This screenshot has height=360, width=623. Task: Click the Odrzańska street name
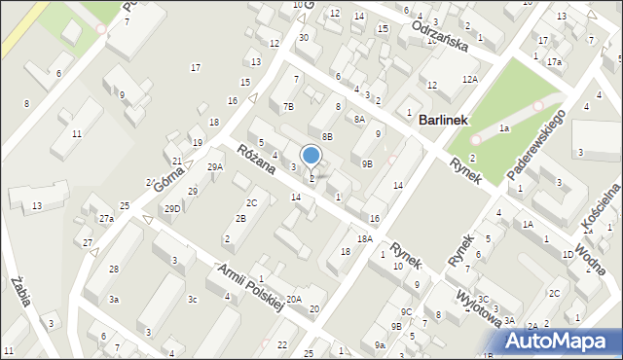pyautogui.click(x=441, y=35)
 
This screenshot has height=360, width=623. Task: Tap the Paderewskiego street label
pyautogui.click(x=536, y=146)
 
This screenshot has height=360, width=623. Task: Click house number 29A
pyautogui.click(x=215, y=166)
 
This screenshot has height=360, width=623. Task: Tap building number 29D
pyautogui.click(x=172, y=209)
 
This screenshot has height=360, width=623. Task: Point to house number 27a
pyautogui.click(x=106, y=219)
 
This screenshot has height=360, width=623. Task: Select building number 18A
pyautogui.click(x=365, y=238)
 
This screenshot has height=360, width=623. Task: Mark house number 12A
pyautogui.click(x=470, y=79)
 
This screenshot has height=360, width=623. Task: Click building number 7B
pyautogui.click(x=288, y=106)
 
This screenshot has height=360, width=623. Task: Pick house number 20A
pyautogui.click(x=293, y=300)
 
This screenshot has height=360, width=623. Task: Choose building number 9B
pyautogui.click(x=366, y=164)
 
